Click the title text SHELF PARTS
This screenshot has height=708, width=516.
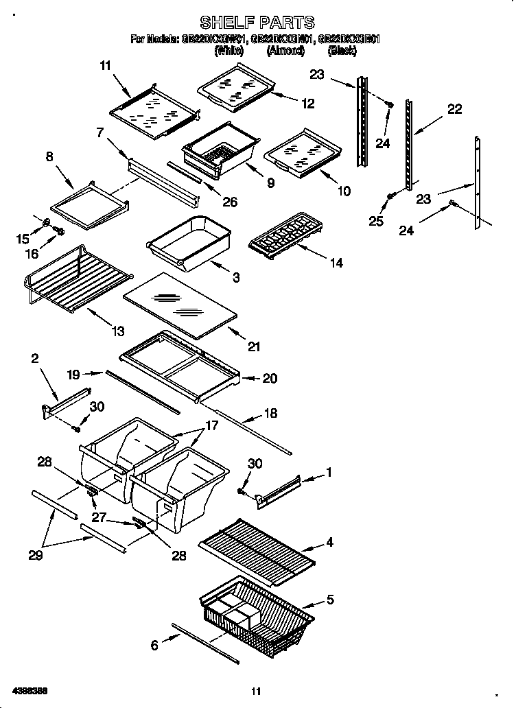(257, 23)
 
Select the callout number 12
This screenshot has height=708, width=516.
(307, 104)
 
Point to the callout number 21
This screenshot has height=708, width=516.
(254, 347)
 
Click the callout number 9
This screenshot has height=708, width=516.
(270, 183)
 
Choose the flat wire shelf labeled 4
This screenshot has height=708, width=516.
(257, 550)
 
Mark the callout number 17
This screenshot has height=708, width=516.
(212, 425)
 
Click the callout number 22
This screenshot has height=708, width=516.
(454, 108)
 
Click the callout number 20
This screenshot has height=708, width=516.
(270, 378)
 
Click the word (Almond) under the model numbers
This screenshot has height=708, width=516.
(286, 50)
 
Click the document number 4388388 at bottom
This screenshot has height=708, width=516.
(30, 689)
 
